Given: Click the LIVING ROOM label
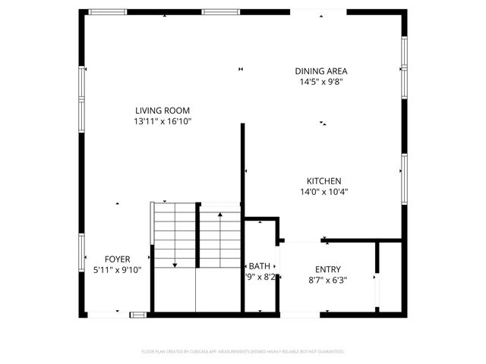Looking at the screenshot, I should (x=162, y=111).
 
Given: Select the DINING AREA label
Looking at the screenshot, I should (x=321, y=71).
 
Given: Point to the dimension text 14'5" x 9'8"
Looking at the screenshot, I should (x=321, y=82).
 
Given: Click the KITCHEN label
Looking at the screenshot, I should (x=323, y=181).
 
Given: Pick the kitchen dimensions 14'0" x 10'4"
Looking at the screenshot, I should (x=323, y=192).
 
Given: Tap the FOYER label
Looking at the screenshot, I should (x=117, y=259).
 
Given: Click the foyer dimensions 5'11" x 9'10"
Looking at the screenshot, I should (x=117, y=269).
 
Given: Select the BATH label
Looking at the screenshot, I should (x=259, y=266).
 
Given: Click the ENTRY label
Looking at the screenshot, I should (x=328, y=269).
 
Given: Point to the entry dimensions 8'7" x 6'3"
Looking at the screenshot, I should (x=328, y=280).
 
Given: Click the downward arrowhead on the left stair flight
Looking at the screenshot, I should (x=175, y=265).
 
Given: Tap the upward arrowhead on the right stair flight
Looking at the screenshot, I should (x=220, y=215).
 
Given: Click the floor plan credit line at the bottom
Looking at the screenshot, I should (x=243, y=352).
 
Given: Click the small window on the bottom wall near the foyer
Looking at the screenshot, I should (x=138, y=313).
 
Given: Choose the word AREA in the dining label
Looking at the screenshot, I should (x=336, y=71).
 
